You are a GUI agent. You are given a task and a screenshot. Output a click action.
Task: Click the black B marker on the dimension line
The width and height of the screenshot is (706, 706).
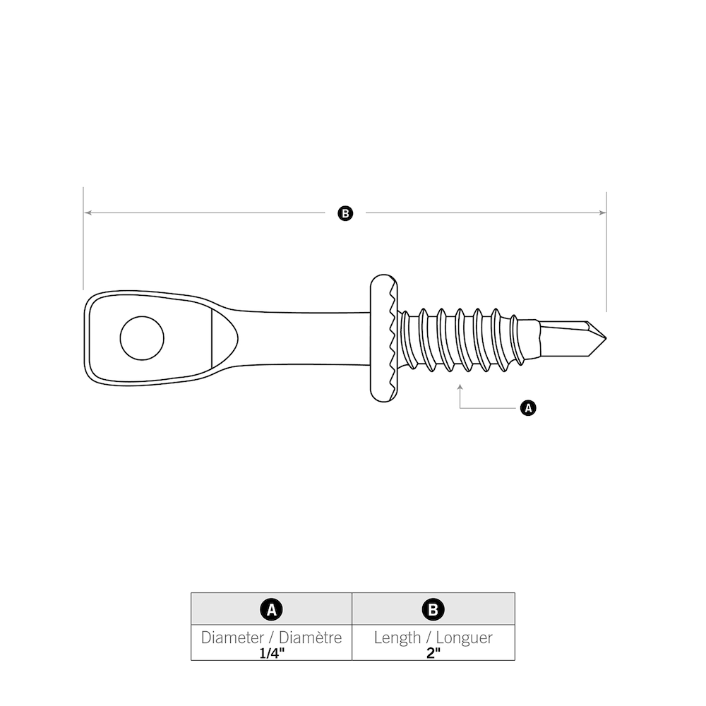click(x=345, y=213)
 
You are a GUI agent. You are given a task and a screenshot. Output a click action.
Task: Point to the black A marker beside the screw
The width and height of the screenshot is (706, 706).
click(x=527, y=408)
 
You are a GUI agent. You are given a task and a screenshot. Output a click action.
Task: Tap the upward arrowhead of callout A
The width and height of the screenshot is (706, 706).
click(x=460, y=387)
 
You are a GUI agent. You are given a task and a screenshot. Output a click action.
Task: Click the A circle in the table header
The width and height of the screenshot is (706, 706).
click(x=271, y=609)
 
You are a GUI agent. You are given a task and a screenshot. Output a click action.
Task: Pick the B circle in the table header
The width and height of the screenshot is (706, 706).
click(x=433, y=609)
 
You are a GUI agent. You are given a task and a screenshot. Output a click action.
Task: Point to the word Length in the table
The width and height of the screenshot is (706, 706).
click(x=397, y=638)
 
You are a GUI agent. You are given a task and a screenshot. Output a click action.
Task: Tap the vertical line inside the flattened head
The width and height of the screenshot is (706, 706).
click(x=213, y=338)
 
